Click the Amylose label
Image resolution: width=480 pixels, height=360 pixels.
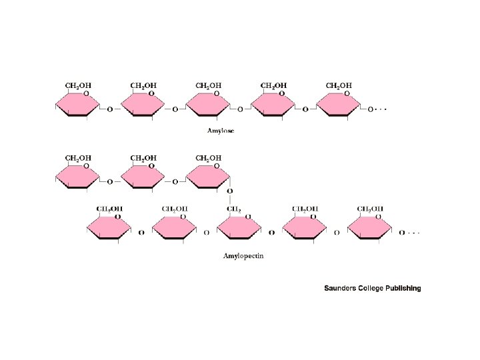tap(221, 131)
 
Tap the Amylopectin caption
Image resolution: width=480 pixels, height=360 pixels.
tap(243, 255)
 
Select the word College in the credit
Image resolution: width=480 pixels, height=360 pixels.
tap(377, 289)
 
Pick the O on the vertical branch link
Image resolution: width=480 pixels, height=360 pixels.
tap(230, 191)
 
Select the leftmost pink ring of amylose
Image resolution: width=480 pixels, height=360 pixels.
tap(77, 106)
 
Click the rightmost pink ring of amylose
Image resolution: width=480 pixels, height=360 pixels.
tap(339, 106)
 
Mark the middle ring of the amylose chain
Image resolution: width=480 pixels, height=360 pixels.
tap(208, 106)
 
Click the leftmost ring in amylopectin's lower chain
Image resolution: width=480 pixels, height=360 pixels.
tap(109, 229)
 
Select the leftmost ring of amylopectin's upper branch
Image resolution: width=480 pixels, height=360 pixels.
tap(77, 178)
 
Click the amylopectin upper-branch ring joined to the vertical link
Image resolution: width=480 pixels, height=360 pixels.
tap(208, 178)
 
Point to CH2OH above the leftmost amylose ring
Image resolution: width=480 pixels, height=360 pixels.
tap(78, 85)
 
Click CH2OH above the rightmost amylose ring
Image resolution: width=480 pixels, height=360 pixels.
tap(339, 85)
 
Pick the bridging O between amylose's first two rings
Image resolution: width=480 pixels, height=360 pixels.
tap(110, 109)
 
